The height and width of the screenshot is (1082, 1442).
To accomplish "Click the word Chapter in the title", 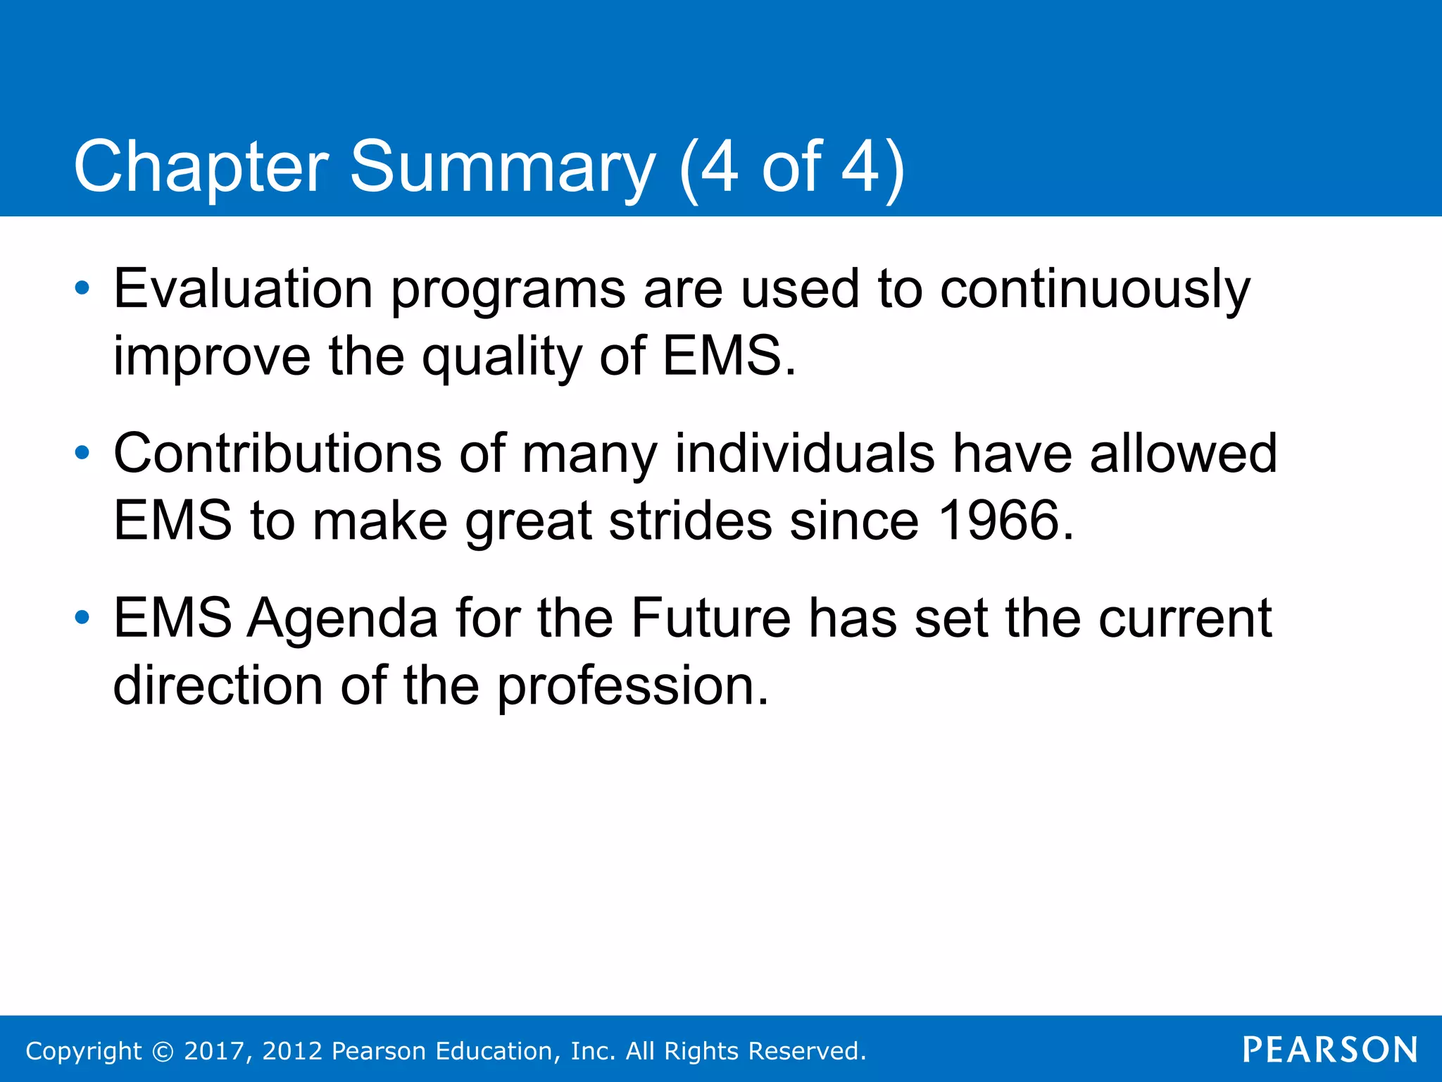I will point(201,167).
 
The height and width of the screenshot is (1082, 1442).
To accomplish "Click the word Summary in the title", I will point(502,167).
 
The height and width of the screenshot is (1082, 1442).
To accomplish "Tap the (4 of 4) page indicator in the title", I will point(791,167).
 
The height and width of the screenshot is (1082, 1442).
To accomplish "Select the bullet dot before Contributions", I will point(82,453).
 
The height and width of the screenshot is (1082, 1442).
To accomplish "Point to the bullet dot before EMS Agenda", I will point(82,618).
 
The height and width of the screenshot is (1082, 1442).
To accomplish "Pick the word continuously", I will point(1095,290).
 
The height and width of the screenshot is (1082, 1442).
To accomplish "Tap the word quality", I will point(501,356).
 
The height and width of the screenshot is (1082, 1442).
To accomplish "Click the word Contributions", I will point(277,453).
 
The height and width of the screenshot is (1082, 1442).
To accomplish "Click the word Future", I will point(710,618).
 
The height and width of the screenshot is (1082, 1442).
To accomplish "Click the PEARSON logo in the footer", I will point(1330,1050).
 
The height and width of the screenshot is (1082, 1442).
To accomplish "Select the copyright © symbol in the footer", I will point(163,1051).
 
